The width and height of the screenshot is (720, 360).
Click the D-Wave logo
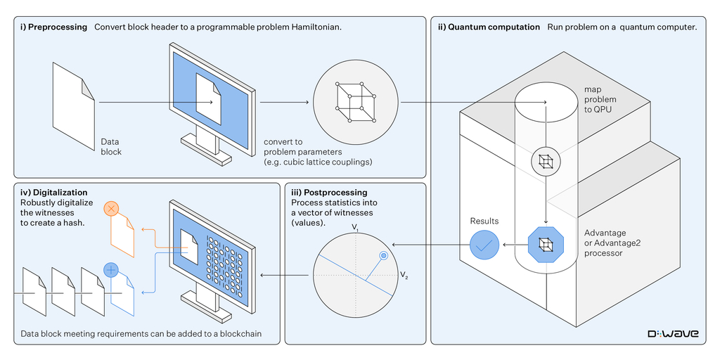pyautogui.click(x=672, y=333)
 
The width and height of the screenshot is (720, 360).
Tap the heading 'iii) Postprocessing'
pyautogui.click(x=329, y=193)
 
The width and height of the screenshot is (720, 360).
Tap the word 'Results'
pyautogui.click(x=484, y=221)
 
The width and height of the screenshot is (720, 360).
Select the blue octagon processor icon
pyautogui.click(x=545, y=245)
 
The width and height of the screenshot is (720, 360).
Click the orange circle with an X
pyautogui.click(x=112, y=209)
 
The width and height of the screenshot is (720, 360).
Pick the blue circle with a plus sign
pyautogui.click(x=112, y=269)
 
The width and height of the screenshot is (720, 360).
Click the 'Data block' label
pyautogui.click(x=111, y=146)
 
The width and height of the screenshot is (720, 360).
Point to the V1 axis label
pyautogui.click(x=356, y=229)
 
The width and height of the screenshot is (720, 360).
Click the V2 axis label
pyautogui.click(x=404, y=275)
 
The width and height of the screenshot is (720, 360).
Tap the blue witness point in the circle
pyautogui.click(x=383, y=257)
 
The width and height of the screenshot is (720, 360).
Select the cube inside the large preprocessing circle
pyautogui.click(x=355, y=101)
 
